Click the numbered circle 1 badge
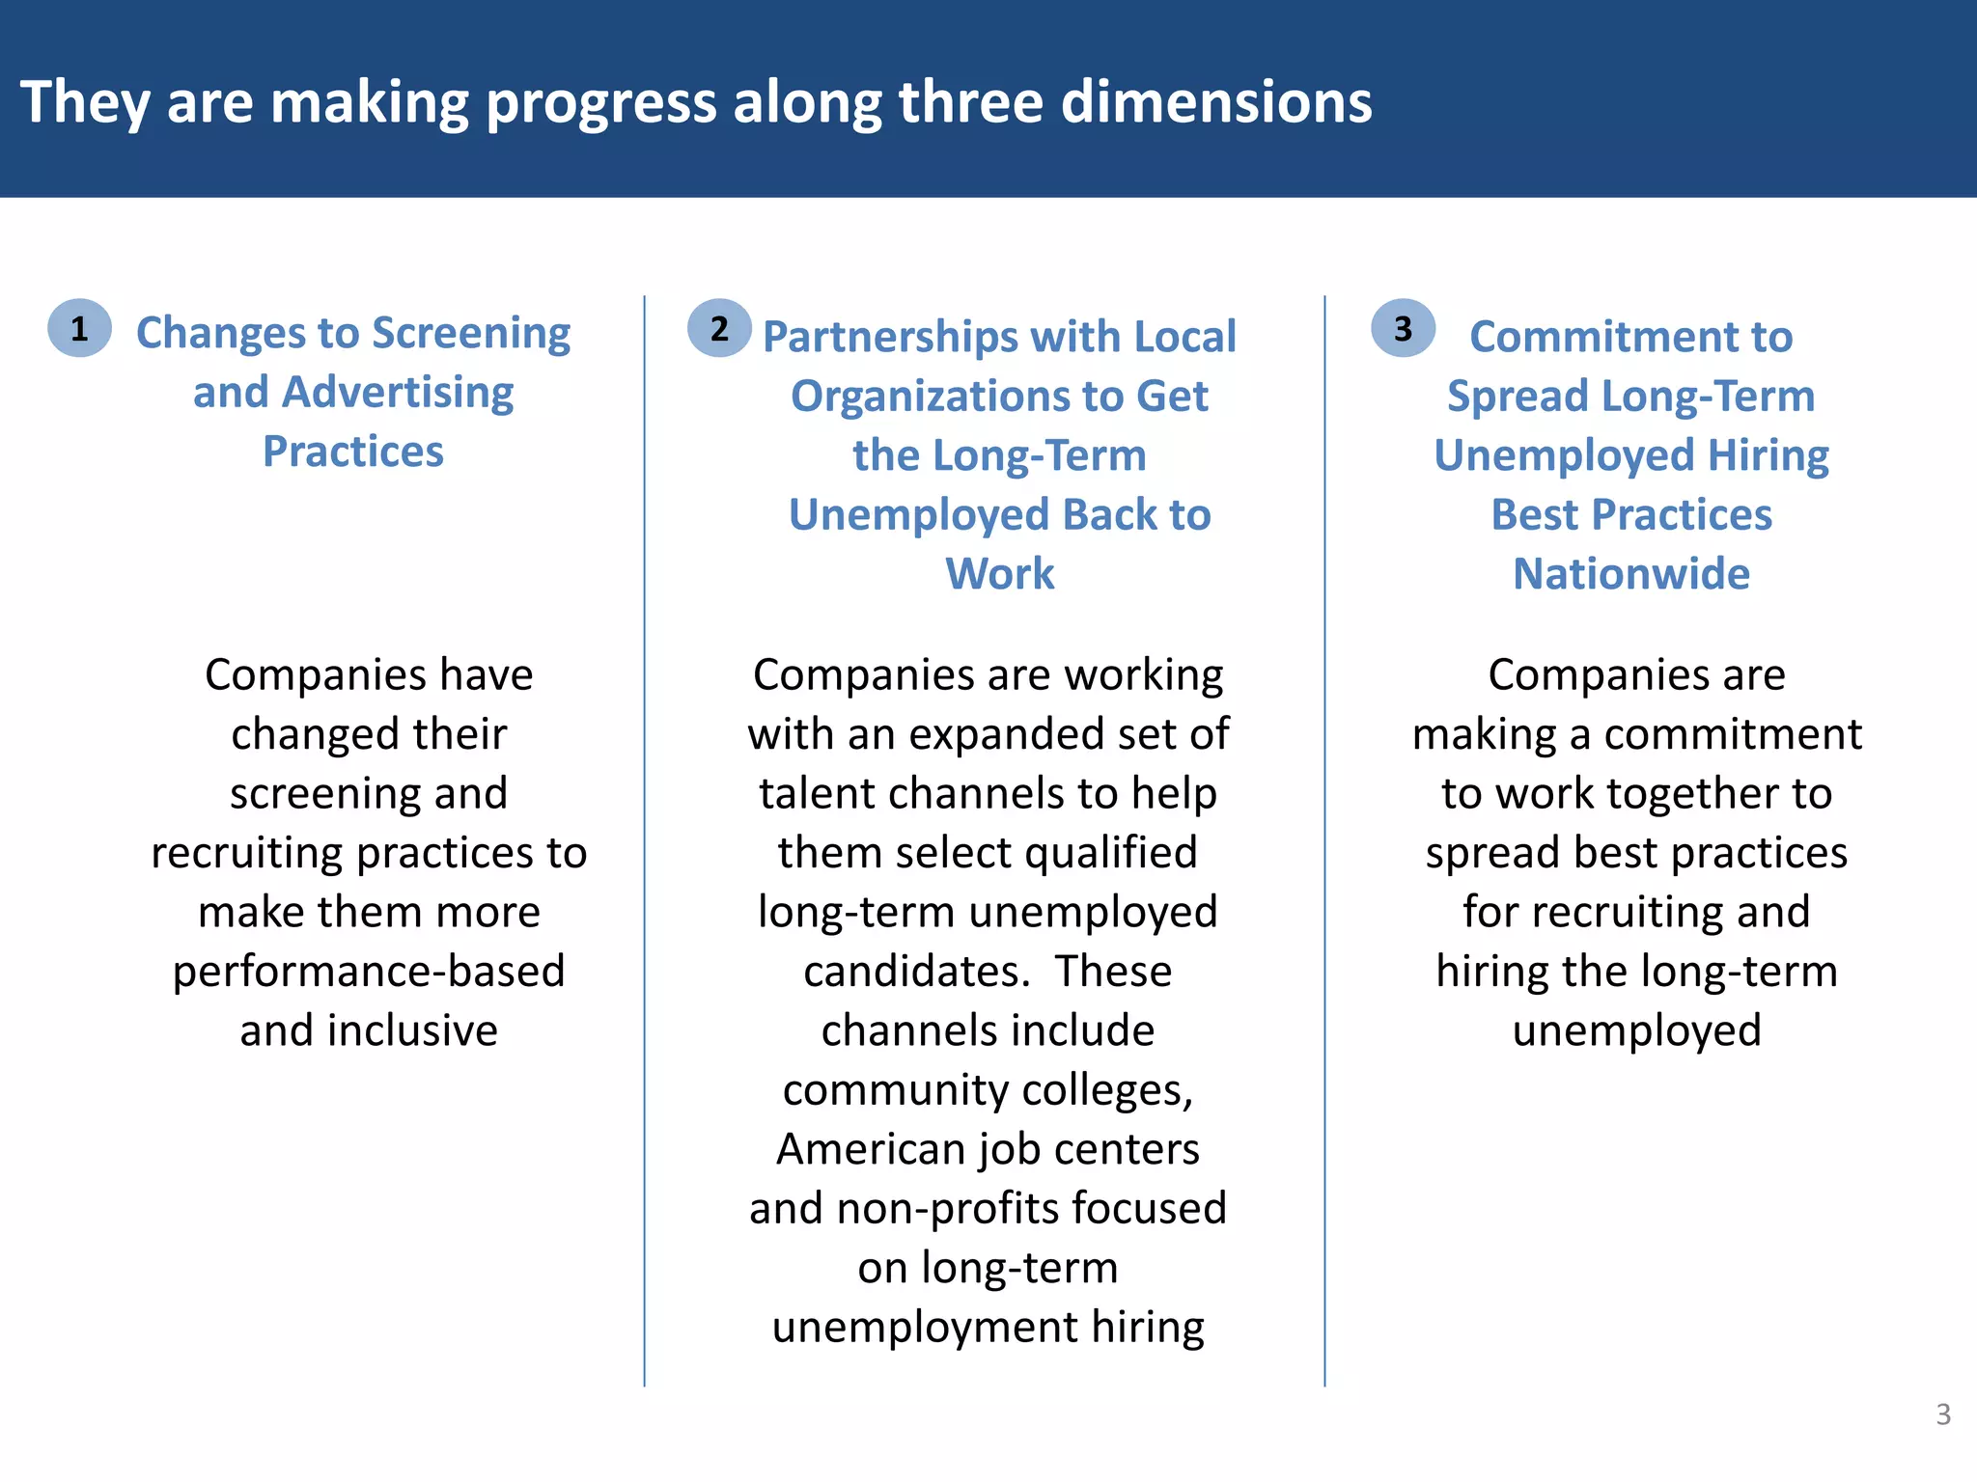coord(79,329)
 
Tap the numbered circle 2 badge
coord(719,329)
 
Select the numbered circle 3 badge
coord(1403,329)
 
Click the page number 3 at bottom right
coord(1943,1414)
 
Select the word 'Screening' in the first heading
coord(471,334)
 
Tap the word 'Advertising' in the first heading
coord(398,393)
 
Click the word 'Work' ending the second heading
coord(999,574)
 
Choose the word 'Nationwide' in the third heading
coord(1630,574)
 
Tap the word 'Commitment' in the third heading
coord(1630,337)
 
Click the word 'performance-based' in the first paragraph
coord(369,972)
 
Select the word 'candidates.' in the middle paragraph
coord(917,972)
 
